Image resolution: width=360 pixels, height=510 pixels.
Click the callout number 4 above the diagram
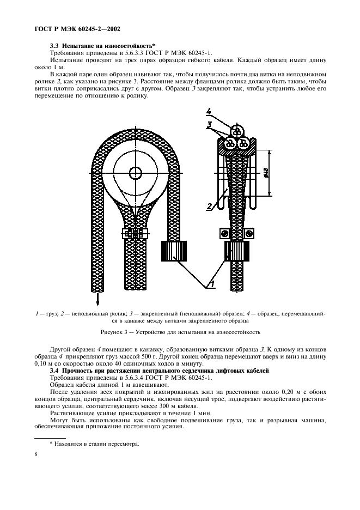point(209,112)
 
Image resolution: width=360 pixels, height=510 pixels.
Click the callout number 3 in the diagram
point(209,125)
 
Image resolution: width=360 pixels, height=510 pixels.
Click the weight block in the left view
point(174,251)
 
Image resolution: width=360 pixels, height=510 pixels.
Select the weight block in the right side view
point(236,252)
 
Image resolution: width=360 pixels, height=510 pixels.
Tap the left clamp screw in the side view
point(222,233)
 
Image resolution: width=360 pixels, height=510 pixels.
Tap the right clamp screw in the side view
point(250,233)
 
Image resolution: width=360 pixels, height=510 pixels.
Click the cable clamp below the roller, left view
point(133,234)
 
